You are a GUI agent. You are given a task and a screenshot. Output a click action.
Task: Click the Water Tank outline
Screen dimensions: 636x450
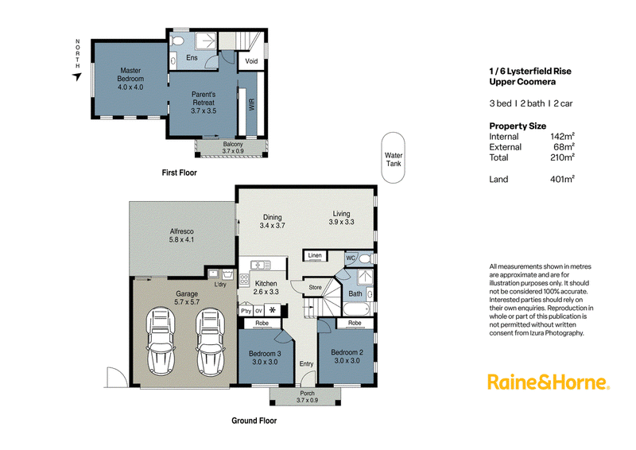[382, 158]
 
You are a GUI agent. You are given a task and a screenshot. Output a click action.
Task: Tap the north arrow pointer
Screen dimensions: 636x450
[77, 76]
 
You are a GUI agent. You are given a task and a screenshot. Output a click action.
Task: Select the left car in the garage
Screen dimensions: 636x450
[161, 341]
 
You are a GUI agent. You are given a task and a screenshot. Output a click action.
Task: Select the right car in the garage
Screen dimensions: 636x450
[210, 341]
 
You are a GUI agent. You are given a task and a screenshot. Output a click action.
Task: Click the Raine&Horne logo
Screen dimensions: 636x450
[549, 382]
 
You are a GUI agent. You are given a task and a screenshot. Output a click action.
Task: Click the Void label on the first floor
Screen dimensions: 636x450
[251, 61]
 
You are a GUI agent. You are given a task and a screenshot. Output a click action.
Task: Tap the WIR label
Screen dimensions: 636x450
[252, 105]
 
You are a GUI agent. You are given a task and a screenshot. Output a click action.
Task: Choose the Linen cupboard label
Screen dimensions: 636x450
[315, 255]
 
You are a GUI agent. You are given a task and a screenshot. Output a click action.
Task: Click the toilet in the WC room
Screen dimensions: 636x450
[365, 258]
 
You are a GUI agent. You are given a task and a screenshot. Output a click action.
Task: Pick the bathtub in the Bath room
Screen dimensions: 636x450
[356, 308]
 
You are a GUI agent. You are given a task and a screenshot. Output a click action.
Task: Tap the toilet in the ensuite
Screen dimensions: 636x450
[176, 41]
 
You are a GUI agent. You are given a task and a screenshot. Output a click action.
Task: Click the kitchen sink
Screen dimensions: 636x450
[261, 266]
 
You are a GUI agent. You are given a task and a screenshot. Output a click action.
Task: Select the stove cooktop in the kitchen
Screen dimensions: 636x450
[244, 279]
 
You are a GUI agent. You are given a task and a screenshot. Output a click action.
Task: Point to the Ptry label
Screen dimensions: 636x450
[246, 311]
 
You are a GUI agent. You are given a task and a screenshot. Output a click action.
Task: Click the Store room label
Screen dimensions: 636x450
[315, 287]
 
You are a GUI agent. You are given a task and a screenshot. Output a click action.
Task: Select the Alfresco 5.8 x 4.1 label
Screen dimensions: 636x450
[182, 235]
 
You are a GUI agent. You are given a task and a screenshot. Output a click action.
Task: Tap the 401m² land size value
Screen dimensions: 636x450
[562, 179]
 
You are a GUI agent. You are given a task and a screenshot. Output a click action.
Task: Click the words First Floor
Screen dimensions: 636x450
[180, 173]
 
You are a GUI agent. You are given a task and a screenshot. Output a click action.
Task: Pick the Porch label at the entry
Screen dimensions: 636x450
[307, 394]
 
